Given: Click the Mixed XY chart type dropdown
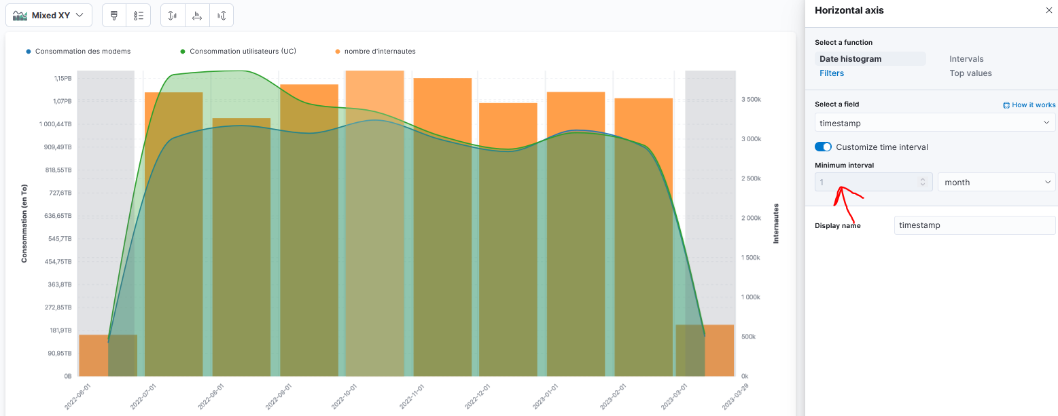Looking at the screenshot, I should coord(49,15).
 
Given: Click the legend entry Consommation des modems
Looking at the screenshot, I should coord(82,52).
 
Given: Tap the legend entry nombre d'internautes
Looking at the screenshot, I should coord(379,52).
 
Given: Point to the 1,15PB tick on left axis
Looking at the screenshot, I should coord(63,79).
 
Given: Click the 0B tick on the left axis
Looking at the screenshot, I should coord(67,376).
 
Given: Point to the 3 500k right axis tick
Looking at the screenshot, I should coord(751,100).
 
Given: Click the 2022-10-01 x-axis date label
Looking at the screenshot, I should coord(349,394).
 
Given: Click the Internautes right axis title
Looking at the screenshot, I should coord(776,223).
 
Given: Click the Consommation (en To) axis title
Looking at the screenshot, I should coord(24,223).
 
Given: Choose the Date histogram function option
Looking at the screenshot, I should coord(850,59).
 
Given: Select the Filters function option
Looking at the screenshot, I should coord(832,73).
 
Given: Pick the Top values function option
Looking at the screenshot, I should coord(970,73).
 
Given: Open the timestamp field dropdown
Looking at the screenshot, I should coord(934,123).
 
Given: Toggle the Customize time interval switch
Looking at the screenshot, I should coord(823,147).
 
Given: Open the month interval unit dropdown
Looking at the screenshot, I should coord(996,183).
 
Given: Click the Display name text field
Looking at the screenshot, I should coord(974,225).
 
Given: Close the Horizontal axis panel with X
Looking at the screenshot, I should coord(1048,10).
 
